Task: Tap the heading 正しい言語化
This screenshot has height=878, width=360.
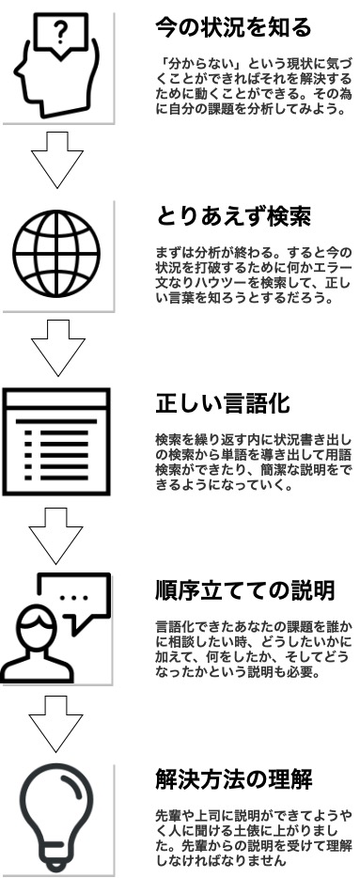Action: point(222,405)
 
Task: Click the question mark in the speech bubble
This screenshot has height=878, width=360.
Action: point(61,37)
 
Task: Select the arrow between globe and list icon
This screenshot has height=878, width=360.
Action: point(57,343)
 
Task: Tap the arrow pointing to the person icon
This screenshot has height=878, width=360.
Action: point(57,531)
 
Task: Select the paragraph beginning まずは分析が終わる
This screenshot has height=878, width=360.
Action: point(253,273)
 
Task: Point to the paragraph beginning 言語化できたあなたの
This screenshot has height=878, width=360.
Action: point(253,648)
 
